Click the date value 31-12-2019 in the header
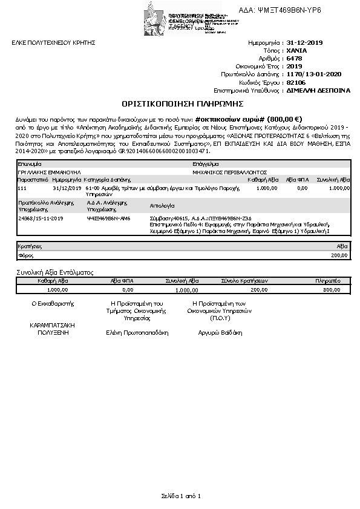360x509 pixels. [305, 43]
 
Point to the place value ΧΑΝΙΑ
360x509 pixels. [296, 51]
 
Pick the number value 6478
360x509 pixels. [294, 59]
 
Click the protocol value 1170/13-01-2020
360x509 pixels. [314, 74]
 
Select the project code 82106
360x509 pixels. [296, 82]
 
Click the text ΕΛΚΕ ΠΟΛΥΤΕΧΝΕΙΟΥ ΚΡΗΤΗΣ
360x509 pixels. [54, 43]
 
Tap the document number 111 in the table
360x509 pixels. [22, 188]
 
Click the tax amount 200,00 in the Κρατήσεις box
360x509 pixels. [341, 255]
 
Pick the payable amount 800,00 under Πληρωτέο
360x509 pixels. [332, 290]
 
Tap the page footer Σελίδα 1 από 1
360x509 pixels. [180, 496]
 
